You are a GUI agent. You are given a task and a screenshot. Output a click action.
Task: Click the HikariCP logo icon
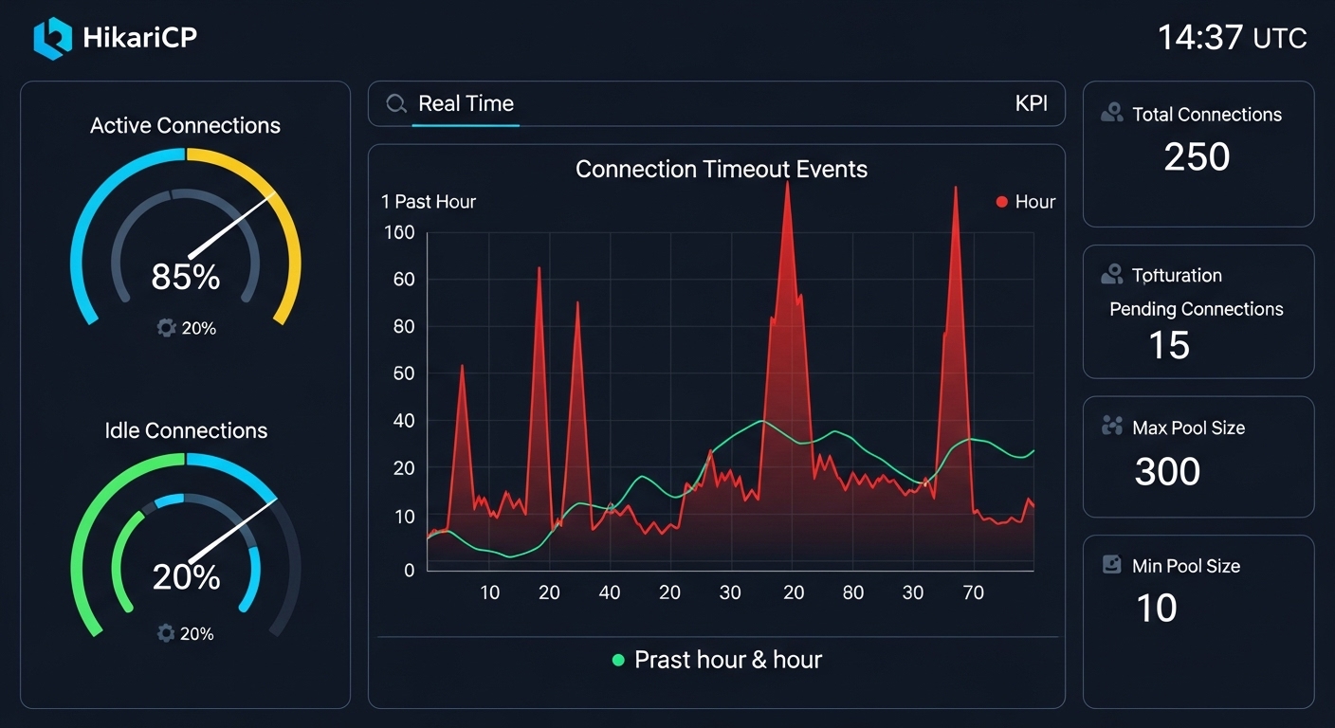(x=52, y=38)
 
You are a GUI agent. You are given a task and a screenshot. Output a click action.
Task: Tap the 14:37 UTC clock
(x=1232, y=38)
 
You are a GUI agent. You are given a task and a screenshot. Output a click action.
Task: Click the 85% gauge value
(x=186, y=277)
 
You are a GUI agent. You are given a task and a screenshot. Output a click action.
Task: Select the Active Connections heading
(x=185, y=126)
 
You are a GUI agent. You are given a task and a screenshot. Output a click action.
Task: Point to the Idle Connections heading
(x=186, y=430)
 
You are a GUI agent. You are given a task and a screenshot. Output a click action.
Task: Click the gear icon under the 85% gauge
(x=167, y=328)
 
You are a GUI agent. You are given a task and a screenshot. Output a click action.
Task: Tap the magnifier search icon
(x=396, y=103)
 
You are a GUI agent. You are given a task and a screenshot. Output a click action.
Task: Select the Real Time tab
(x=466, y=103)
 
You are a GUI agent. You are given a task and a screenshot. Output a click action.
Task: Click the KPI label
(x=1031, y=103)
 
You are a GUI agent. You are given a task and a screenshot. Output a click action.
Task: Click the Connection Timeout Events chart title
(x=721, y=170)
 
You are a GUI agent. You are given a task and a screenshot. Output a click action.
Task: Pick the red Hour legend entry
(x=1025, y=202)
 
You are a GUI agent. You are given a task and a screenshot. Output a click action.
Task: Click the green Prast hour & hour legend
(x=718, y=660)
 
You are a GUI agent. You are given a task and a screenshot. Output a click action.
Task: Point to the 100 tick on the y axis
(x=399, y=232)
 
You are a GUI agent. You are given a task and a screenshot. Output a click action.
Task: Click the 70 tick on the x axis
(x=973, y=593)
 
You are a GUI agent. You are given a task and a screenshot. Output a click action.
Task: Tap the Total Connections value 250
(x=1197, y=157)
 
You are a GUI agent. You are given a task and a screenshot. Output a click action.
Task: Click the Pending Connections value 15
(x=1169, y=346)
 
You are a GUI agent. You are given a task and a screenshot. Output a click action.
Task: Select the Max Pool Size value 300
(x=1167, y=471)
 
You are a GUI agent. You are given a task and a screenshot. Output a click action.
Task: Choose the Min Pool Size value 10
(x=1156, y=609)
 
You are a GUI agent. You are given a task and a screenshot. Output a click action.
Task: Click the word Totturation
(x=1177, y=276)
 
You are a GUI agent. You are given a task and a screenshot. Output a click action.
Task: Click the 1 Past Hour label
(x=429, y=202)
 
